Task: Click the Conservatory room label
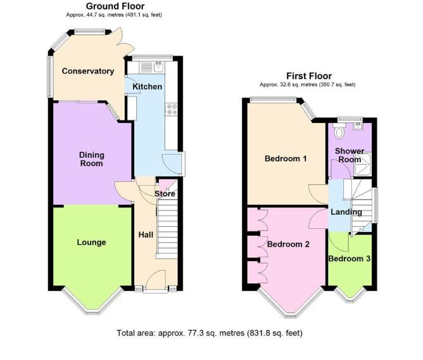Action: [87, 71]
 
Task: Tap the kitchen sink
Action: [158, 67]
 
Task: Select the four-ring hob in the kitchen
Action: [171, 110]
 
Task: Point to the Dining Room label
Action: [91, 159]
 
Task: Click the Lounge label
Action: [91, 242]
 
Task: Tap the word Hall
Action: [146, 235]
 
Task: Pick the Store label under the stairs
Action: [165, 194]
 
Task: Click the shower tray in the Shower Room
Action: [362, 164]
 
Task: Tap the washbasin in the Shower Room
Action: [359, 126]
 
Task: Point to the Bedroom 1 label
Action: [286, 158]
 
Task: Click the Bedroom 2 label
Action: [288, 244]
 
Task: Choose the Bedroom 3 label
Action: [349, 259]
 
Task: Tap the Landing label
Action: [346, 212]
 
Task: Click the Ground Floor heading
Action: [115, 6]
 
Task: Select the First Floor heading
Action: [309, 76]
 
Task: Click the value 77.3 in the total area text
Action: [195, 333]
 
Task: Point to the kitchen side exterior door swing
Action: [172, 164]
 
